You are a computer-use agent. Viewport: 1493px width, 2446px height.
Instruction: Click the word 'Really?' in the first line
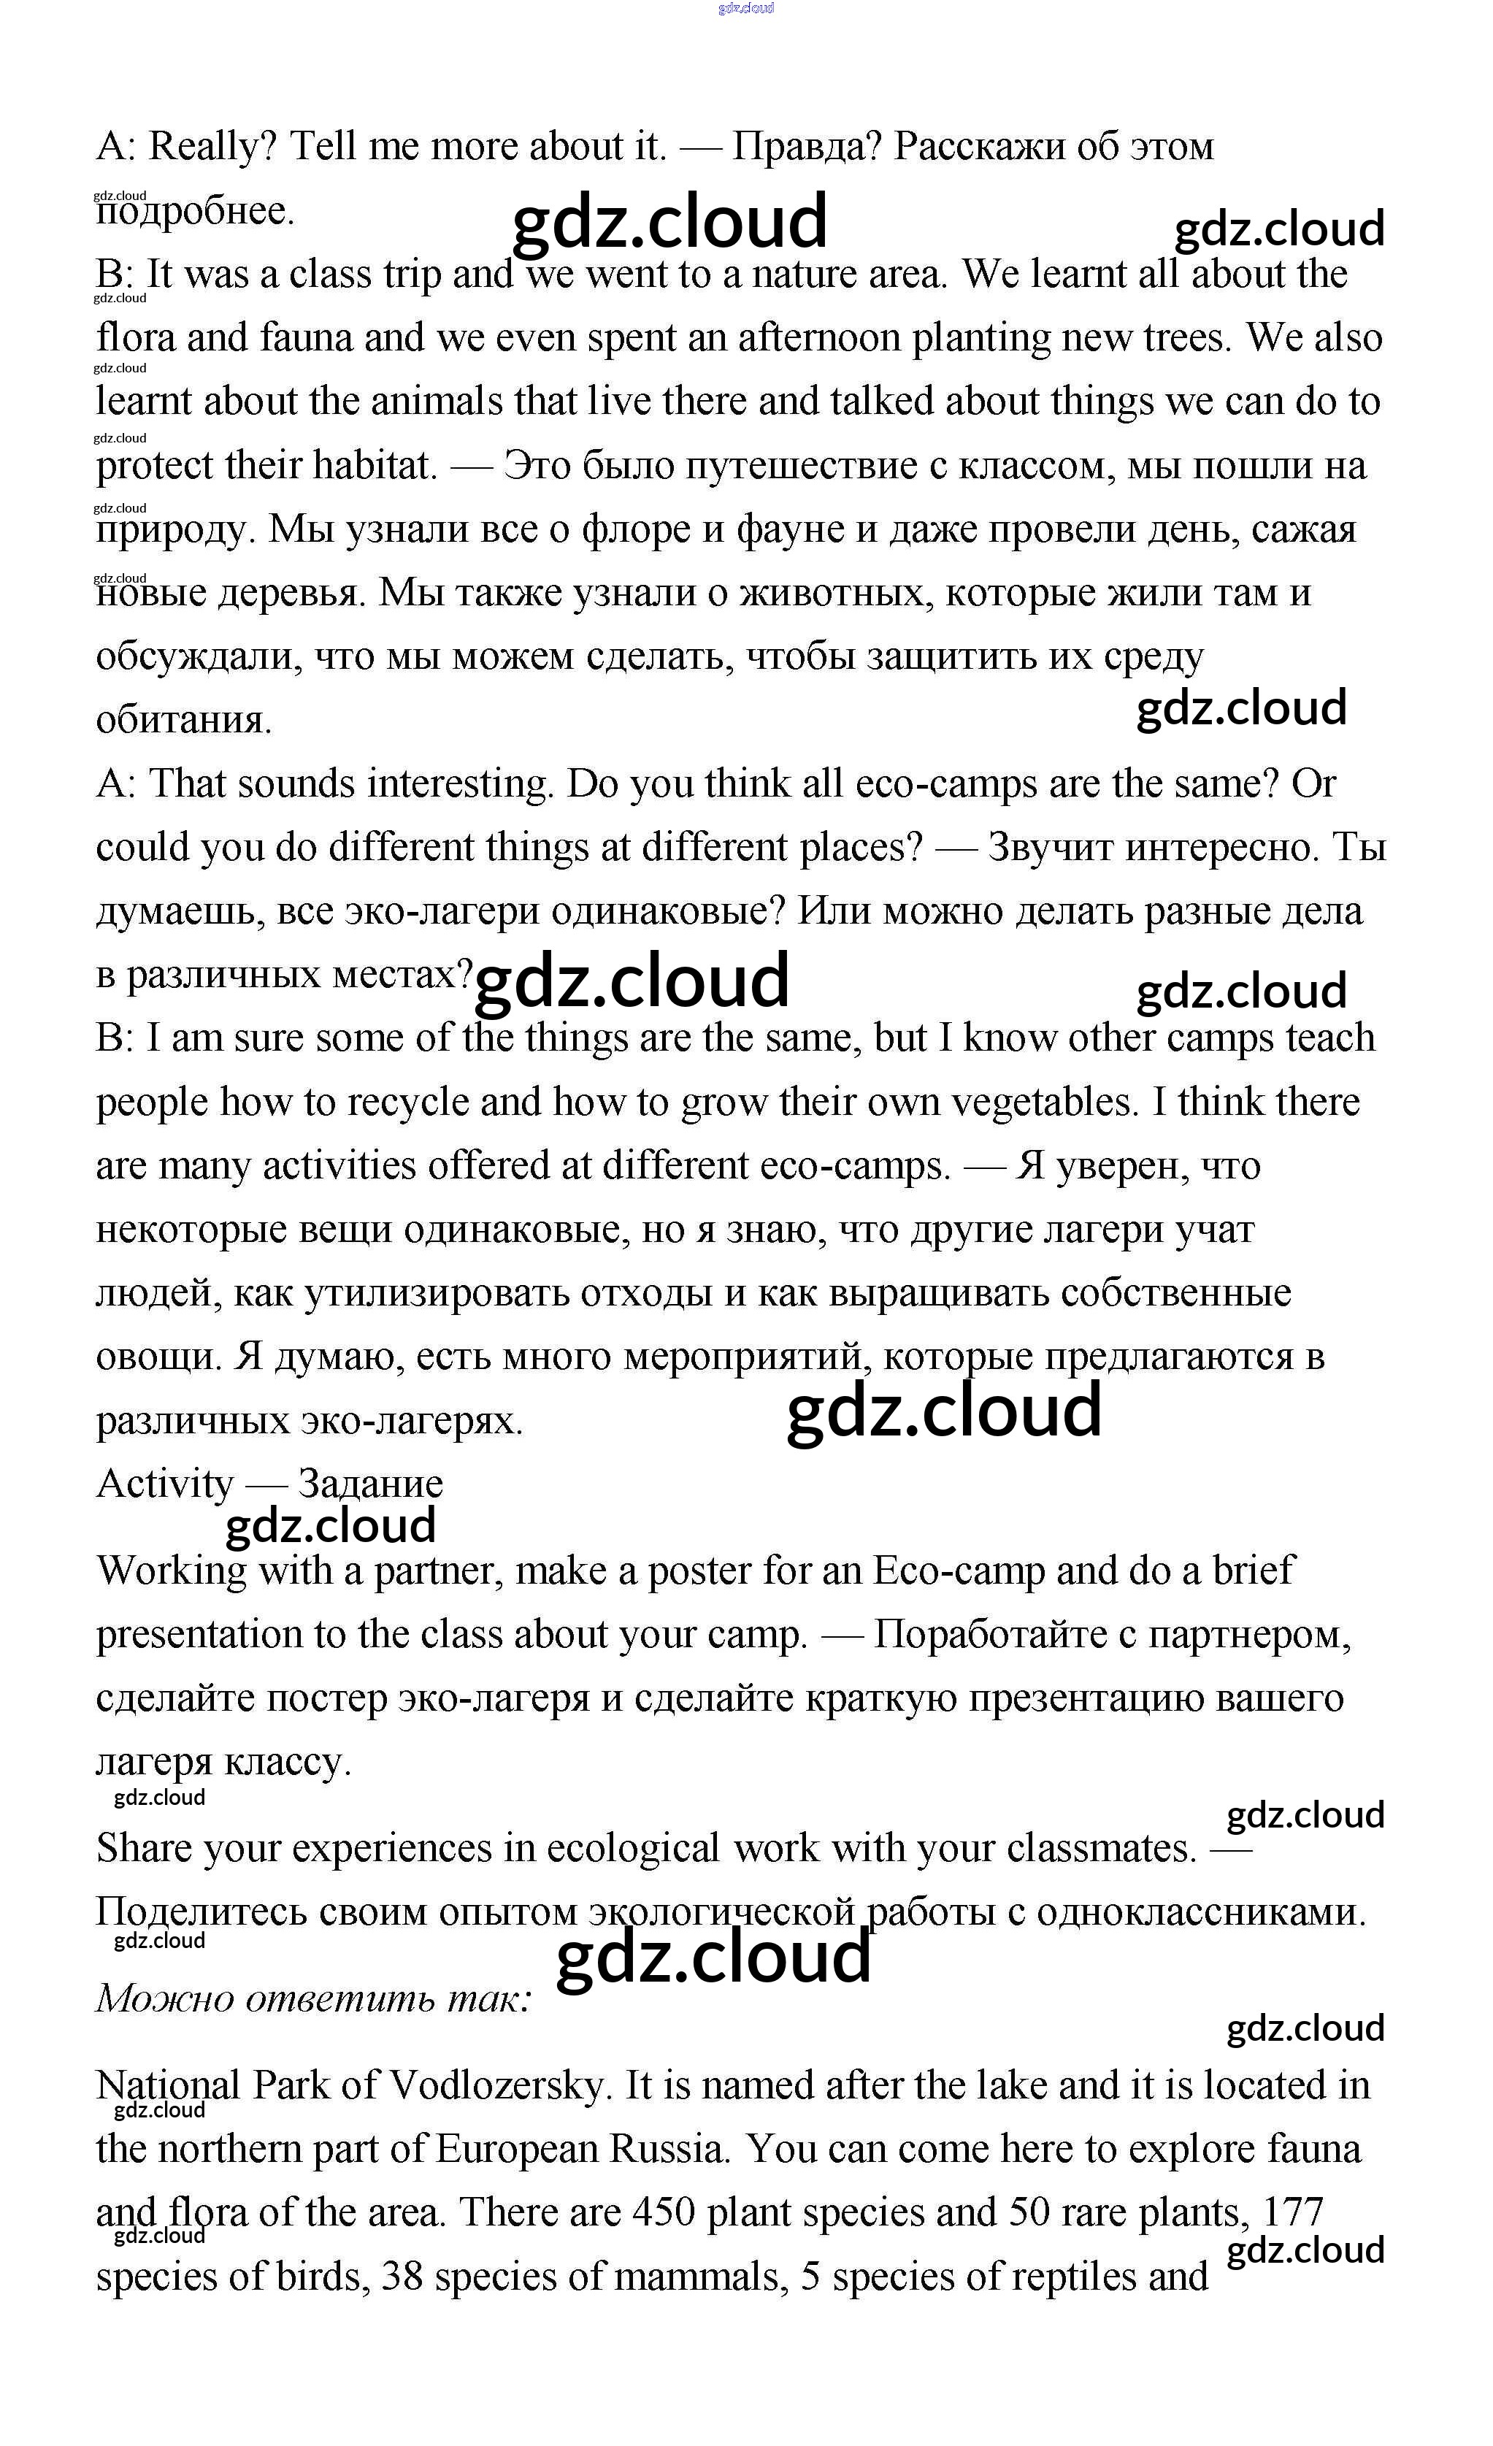point(212,147)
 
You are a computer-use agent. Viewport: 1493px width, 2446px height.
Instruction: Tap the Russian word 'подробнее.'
point(196,212)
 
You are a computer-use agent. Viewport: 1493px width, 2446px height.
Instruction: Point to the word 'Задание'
point(370,1484)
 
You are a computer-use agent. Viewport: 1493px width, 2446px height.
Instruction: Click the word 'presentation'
point(199,1635)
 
